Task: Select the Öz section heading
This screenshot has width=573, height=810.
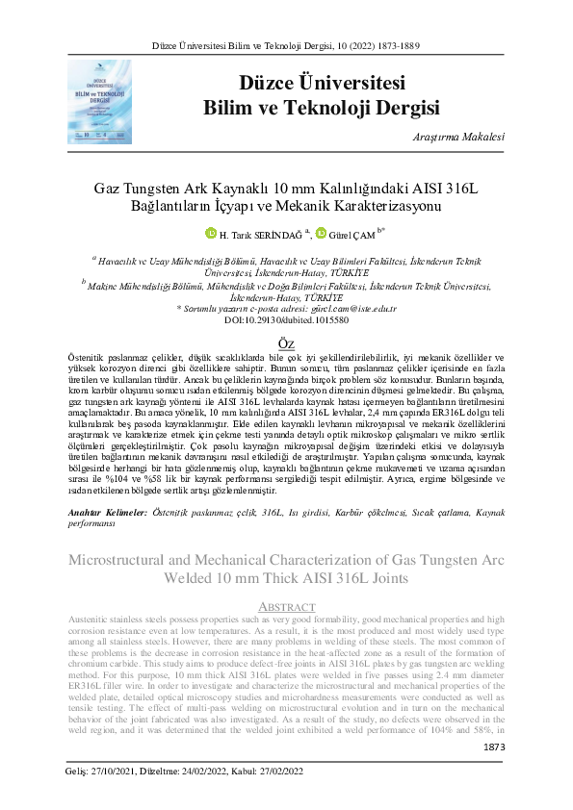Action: coord(286,344)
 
